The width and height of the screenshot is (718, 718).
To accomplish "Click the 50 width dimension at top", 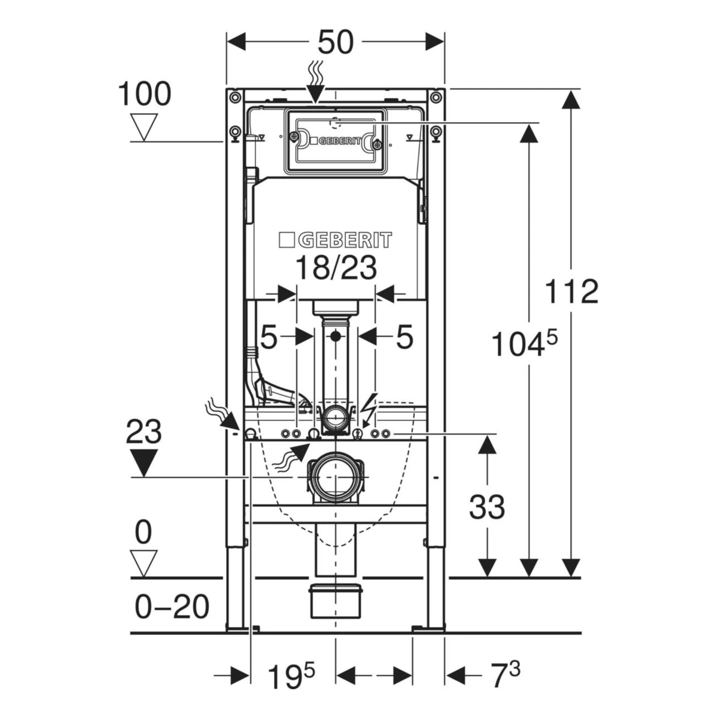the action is coord(335,42).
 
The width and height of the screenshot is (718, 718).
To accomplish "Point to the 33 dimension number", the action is coord(486,507).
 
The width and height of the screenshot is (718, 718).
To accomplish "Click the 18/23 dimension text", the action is coord(335,267).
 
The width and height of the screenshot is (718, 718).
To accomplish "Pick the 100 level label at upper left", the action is coord(145,95).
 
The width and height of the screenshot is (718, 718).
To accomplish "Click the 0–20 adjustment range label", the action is coord(172,606).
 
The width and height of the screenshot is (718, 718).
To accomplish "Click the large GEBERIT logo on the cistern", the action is coord(335,240).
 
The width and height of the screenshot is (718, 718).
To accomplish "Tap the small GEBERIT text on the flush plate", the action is coord(336,141).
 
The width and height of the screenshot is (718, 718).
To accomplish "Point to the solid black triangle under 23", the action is coord(144,463).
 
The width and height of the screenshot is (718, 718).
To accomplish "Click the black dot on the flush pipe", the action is coord(336,336).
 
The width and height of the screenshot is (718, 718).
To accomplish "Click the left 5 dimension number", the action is coord(269,337).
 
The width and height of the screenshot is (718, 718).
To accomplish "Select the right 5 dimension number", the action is coord(404,337).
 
